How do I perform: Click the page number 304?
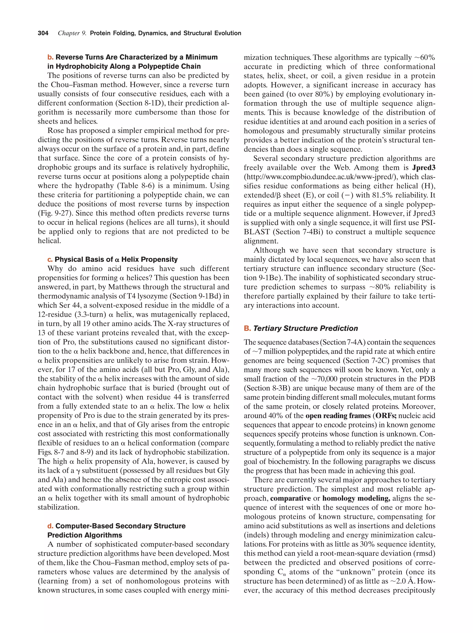pos(43,33)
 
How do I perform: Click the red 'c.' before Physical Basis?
pos(50,259)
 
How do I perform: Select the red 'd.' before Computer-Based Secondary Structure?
pos(50,526)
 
